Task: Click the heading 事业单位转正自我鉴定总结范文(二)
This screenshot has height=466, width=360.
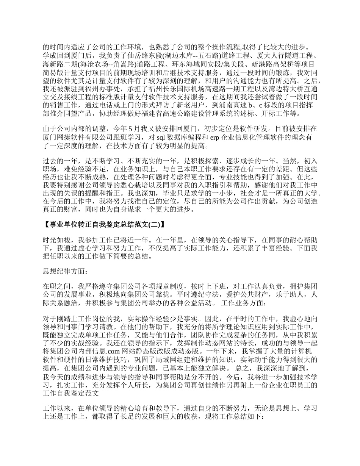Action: point(104,225)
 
